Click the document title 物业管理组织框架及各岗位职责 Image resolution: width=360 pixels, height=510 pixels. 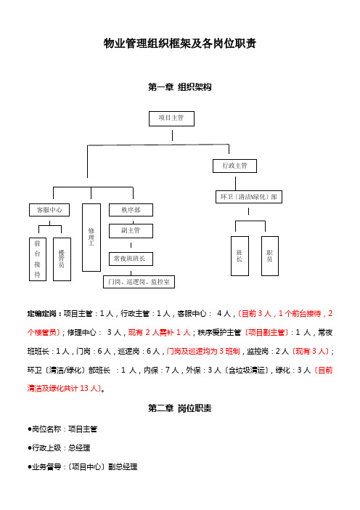tap(180, 44)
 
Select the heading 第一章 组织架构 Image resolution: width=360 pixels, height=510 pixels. tap(180, 87)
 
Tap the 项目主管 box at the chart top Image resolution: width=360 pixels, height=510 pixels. tap(171, 118)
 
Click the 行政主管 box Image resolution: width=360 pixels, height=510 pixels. tap(234, 166)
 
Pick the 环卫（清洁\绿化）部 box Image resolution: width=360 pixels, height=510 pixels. tap(249, 197)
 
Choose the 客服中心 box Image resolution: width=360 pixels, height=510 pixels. tap(49, 210)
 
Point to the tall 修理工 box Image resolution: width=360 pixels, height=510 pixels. tap(91, 238)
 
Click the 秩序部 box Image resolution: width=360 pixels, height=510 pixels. tap(131, 210)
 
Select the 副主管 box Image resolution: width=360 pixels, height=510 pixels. tap(131, 231)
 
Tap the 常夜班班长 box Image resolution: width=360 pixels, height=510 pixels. tap(131, 259)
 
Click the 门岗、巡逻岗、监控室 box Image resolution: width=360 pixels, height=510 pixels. tap(139, 282)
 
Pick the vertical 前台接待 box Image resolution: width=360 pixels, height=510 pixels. tap(38, 259)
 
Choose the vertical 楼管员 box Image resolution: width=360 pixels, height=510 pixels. tap(62, 259)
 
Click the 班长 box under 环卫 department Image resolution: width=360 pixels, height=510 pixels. tap(240, 256)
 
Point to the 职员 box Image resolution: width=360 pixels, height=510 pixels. tap(270, 256)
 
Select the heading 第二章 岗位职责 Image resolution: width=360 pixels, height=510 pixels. tap(180, 408)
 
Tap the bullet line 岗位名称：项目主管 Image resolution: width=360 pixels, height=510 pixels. tap(62, 429)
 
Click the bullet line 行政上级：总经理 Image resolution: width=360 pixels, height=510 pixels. tap(59, 448)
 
